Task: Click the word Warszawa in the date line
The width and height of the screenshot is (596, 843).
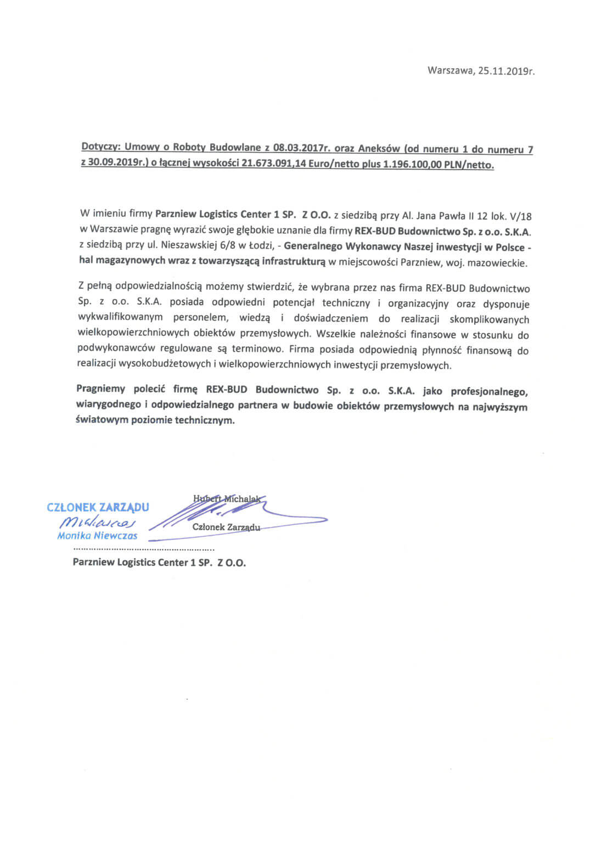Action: coord(450,71)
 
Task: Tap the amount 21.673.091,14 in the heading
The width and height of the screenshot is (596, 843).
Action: coord(271,164)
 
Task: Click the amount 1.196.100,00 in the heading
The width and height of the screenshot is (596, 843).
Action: coord(406,165)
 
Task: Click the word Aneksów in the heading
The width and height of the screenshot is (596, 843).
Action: coord(379,149)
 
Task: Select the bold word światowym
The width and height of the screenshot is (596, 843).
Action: coord(102,421)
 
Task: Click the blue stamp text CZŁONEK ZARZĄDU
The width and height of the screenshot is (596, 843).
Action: coord(98,507)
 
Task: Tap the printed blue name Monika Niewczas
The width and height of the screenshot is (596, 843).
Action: coord(97,536)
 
